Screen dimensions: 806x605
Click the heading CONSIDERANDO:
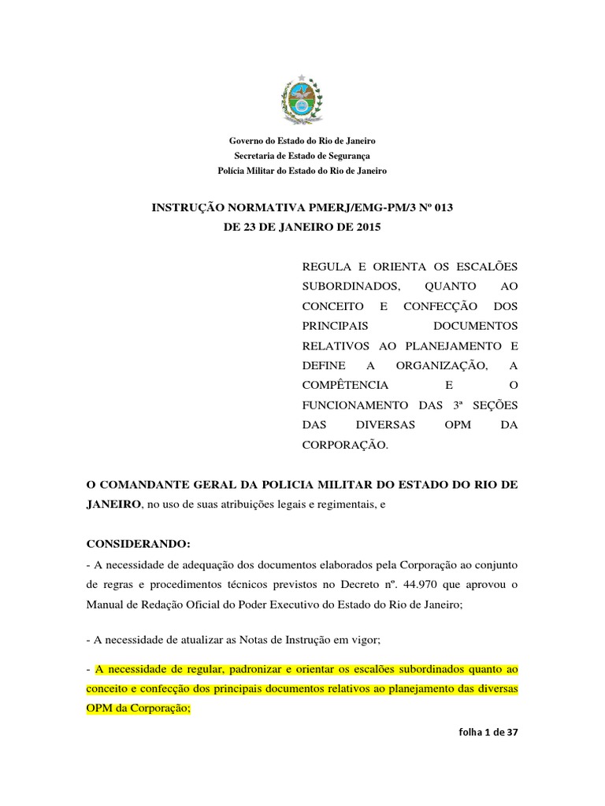click(x=138, y=544)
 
